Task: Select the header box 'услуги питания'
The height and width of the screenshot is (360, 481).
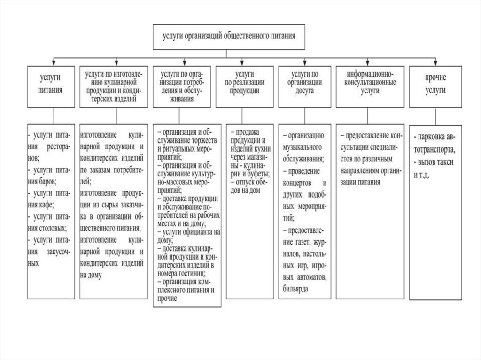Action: [53, 87]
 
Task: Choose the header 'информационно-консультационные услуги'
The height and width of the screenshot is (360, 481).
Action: [369, 87]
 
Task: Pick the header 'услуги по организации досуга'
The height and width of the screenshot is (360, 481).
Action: [305, 87]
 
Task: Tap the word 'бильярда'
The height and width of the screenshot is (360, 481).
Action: [296, 289]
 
